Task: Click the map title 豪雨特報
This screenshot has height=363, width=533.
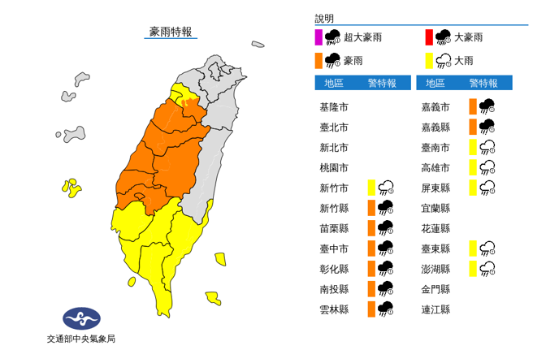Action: point(170,32)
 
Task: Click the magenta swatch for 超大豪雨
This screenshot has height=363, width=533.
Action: point(319,37)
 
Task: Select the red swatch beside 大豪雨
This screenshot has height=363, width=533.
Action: point(428,37)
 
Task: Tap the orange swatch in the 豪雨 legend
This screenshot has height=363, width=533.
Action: point(319,59)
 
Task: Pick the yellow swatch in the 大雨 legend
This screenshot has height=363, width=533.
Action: point(428,59)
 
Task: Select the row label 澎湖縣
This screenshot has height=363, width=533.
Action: point(435,268)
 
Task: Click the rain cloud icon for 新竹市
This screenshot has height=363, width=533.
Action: point(386,188)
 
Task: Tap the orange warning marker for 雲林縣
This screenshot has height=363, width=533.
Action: point(370,309)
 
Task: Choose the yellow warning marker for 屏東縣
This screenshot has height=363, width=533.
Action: point(472,188)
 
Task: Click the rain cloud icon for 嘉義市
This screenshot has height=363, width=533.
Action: point(487,106)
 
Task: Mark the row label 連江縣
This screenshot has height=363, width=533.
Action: point(435,309)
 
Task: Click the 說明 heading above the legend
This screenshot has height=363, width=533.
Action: point(324,19)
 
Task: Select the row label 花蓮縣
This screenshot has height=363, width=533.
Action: point(435,228)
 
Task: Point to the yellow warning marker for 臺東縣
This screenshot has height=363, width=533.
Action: point(472,248)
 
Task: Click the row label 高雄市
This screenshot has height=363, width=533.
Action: point(435,167)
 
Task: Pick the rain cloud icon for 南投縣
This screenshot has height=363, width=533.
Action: point(386,288)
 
